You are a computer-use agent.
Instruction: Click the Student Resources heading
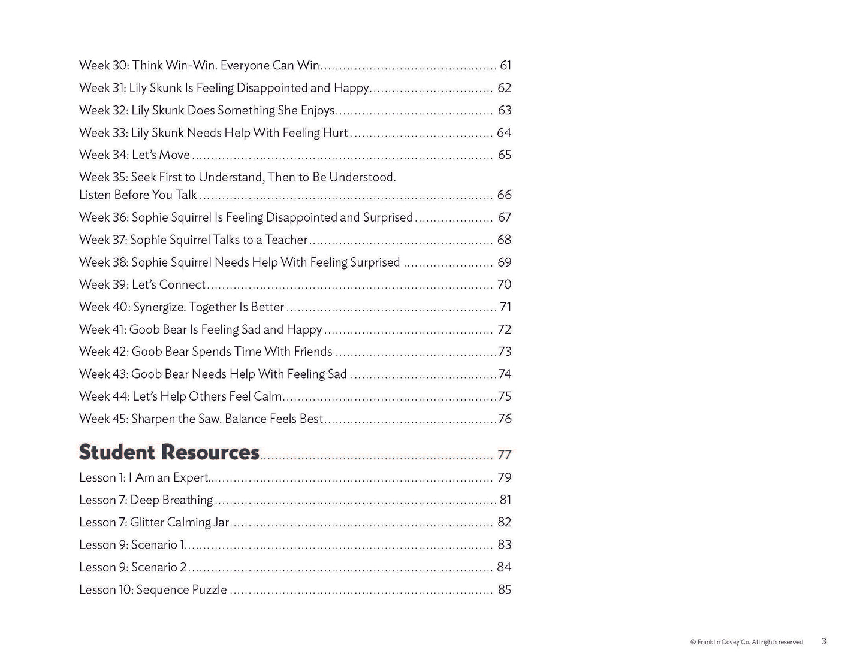pyautogui.click(x=169, y=452)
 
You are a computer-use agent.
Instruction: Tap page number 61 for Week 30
pyautogui.click(x=505, y=65)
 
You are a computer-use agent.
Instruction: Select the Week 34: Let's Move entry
pyautogui.click(x=134, y=155)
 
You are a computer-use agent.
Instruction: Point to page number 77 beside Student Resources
pyautogui.click(x=505, y=455)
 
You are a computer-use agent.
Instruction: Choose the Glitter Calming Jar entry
pyautogui.click(x=154, y=522)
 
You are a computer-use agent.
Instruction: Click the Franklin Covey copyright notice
pyautogui.click(x=746, y=642)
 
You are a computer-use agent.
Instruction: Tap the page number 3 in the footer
pyautogui.click(x=824, y=641)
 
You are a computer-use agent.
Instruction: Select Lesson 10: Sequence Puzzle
pyautogui.click(x=153, y=590)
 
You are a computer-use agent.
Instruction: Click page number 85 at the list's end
pyautogui.click(x=505, y=590)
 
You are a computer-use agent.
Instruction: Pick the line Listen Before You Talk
pyautogui.click(x=138, y=195)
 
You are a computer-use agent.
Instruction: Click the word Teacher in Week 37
pyautogui.click(x=286, y=240)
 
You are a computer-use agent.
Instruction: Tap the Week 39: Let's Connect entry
pyautogui.click(x=142, y=284)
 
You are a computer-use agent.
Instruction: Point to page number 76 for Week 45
pyautogui.click(x=505, y=419)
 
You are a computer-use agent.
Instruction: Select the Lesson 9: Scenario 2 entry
pyautogui.click(x=133, y=567)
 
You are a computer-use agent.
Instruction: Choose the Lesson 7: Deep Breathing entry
pyautogui.click(x=146, y=500)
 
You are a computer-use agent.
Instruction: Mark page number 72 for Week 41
pyautogui.click(x=505, y=329)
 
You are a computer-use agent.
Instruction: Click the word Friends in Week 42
pyautogui.click(x=313, y=352)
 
